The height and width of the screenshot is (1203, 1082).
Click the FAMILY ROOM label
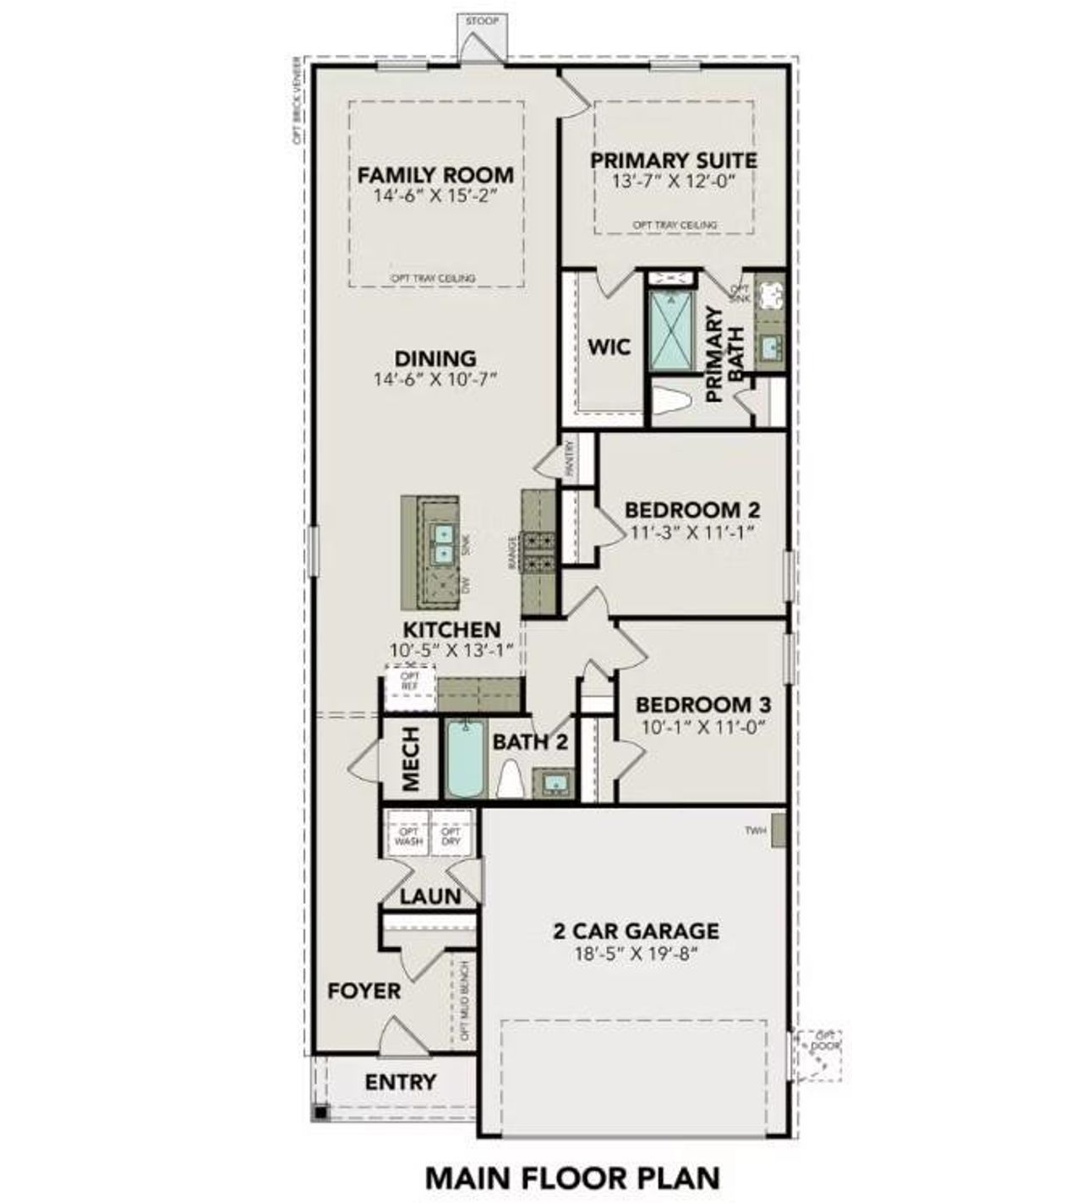click(435, 175)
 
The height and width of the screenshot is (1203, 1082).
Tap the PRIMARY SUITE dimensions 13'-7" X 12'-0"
click(674, 181)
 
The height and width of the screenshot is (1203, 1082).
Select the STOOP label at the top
click(482, 20)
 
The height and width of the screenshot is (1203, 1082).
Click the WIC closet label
click(609, 347)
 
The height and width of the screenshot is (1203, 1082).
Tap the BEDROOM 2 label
click(691, 510)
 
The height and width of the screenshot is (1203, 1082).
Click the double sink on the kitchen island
click(443, 544)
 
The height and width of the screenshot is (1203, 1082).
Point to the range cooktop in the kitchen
click(539, 551)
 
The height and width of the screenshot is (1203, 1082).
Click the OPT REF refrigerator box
click(410, 681)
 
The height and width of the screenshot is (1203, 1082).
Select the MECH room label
click(411, 759)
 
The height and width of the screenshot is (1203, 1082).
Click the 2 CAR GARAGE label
click(636, 931)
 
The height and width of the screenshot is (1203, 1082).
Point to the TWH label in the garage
click(755, 831)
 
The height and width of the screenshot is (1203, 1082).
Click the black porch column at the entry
click(320, 1113)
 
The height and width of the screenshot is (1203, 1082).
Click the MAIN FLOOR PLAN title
click(572, 1177)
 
